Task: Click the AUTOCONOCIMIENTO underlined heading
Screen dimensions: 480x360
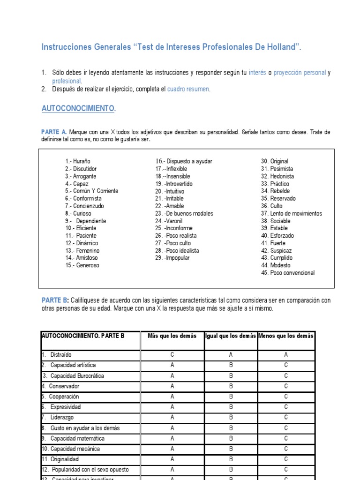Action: click(x=78, y=108)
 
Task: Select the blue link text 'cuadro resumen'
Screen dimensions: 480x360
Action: click(x=188, y=89)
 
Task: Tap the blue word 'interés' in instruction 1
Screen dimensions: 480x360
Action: click(x=257, y=73)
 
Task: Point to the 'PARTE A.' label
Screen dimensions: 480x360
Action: click(x=54, y=132)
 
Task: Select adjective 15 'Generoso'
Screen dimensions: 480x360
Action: click(x=82, y=265)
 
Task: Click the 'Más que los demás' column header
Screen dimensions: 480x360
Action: click(x=172, y=336)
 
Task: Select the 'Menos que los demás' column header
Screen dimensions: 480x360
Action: click(x=286, y=336)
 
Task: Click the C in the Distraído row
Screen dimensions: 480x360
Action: click(x=172, y=355)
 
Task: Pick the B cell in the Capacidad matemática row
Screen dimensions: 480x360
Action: click(x=231, y=438)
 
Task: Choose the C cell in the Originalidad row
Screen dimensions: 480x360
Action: click(x=286, y=459)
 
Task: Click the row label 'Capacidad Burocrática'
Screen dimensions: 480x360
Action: click(x=77, y=376)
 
